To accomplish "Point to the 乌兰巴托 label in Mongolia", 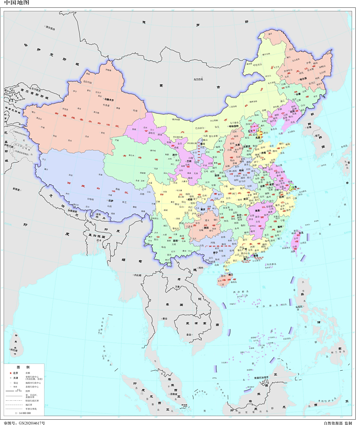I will coord(198,79).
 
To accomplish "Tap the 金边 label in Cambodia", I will coord(188,334).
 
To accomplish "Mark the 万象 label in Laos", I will coord(178,287).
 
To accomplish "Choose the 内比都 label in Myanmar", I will coord(137,275).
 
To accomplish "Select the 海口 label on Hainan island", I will coord(230,275).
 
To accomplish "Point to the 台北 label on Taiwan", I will coord(301,233).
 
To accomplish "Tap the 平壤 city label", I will coord(309,127).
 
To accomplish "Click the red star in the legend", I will coord(11,373).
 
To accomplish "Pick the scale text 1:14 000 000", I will coord(23,413).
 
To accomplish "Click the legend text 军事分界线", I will coord(31,409).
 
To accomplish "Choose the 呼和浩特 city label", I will coord(234,126).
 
